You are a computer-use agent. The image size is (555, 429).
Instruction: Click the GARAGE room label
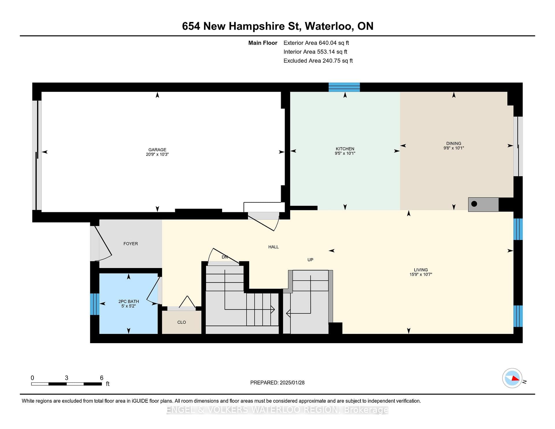coord(157,150)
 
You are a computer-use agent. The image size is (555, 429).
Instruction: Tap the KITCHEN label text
coord(345,149)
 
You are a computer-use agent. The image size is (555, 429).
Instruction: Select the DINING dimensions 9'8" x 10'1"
coord(454,148)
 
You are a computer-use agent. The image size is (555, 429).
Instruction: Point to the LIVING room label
coord(421,270)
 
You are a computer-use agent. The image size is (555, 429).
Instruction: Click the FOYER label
coord(131,244)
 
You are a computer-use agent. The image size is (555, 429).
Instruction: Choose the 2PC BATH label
coord(129,302)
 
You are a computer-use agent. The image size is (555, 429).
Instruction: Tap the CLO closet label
coord(182,322)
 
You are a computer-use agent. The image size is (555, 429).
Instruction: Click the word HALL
coord(273,247)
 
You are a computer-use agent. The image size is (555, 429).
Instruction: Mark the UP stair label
coord(310,260)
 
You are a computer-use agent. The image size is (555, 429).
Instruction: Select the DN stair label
coord(225,257)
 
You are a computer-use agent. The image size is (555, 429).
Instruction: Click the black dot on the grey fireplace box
coord(474,204)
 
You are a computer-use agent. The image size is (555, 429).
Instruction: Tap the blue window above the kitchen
coord(344,87)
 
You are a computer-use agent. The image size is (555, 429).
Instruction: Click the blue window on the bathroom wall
coord(95,304)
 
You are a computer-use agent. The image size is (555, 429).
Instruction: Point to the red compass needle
coord(515,378)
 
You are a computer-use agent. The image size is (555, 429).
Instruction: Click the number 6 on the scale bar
coord(101,378)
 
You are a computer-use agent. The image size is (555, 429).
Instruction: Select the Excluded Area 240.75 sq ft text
coord(318,61)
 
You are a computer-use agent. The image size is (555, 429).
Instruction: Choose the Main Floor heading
coord(263,43)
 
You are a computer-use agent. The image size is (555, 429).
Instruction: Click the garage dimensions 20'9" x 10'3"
coord(157,154)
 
